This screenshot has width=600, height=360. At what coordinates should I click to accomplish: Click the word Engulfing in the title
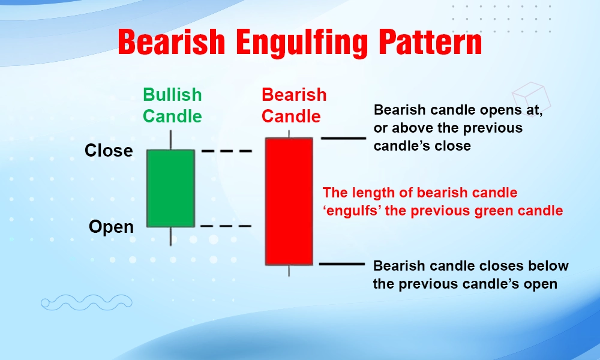(302, 43)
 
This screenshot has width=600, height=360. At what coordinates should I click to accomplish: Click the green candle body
(170, 188)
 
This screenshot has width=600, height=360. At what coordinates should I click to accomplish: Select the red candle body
(289, 201)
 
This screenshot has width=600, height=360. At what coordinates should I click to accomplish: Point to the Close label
(109, 151)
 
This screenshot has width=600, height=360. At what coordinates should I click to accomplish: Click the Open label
(111, 227)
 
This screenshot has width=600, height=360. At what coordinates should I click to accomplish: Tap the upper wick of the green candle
(170, 140)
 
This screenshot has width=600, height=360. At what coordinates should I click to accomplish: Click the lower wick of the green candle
(170, 236)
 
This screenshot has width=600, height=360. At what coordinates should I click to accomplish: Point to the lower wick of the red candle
(289, 271)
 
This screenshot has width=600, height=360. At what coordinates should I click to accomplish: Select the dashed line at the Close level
(227, 151)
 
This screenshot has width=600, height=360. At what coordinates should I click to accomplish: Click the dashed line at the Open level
(226, 226)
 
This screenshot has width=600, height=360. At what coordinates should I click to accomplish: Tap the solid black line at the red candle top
(344, 138)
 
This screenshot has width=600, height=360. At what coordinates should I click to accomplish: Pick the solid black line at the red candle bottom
(342, 264)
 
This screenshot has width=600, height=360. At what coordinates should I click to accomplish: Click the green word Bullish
(172, 95)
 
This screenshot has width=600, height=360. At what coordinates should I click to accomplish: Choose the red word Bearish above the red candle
(294, 95)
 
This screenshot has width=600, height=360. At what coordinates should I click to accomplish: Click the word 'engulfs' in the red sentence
(352, 211)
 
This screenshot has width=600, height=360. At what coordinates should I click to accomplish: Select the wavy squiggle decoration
(86, 302)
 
